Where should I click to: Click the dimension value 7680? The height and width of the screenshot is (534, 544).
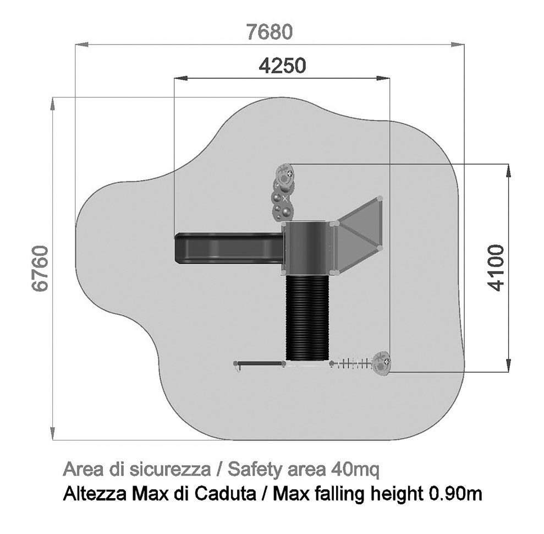(270, 32)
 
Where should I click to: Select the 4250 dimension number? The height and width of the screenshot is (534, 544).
(283, 66)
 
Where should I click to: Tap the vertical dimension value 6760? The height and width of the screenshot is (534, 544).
(40, 269)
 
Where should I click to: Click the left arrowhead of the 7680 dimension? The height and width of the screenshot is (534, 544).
(82, 45)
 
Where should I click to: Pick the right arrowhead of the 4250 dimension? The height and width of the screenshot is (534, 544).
(383, 79)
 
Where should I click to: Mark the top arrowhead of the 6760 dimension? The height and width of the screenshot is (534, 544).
(52, 104)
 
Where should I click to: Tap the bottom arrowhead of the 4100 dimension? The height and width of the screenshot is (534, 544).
(509, 365)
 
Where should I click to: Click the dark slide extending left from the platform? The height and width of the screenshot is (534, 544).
(229, 248)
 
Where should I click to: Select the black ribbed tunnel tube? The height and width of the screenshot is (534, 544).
(307, 318)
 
